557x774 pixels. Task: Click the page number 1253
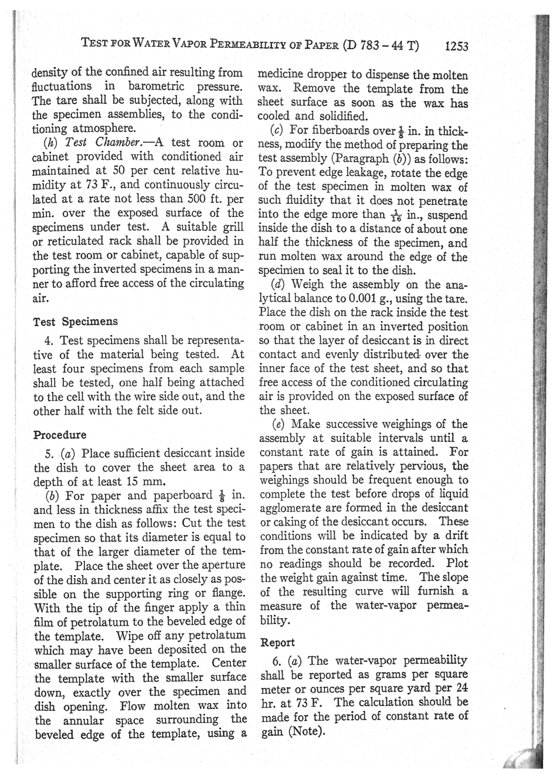coord(457,46)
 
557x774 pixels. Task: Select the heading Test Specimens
coord(76,322)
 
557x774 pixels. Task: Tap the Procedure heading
coord(60,435)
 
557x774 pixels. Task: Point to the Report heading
coord(277,642)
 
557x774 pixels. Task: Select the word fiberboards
coord(338,131)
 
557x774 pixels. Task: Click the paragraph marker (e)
coord(280,424)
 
